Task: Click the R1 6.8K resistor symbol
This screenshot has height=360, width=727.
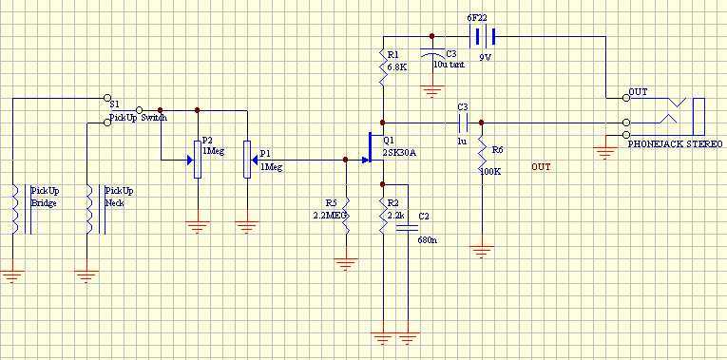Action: (383, 66)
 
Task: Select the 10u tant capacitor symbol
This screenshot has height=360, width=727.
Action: (431, 54)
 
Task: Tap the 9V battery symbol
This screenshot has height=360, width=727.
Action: (482, 36)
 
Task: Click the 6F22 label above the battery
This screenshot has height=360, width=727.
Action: (479, 19)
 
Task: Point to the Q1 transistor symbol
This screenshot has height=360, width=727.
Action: (373, 147)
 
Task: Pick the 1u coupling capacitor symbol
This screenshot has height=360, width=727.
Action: (463, 123)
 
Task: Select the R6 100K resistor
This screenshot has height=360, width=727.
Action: (482, 153)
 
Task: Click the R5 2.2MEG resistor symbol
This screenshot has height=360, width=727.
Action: (345, 217)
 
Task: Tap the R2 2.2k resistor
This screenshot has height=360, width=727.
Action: (383, 217)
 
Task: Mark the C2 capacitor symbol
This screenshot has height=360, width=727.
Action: (408, 227)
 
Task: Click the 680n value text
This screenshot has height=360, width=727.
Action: (426, 240)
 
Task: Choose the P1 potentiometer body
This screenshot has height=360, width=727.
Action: (247, 160)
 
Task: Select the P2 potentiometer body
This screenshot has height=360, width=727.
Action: (198, 160)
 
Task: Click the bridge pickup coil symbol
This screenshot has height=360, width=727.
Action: (21, 209)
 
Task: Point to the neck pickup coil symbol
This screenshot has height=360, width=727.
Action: (95, 209)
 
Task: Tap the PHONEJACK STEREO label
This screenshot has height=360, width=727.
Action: (675, 144)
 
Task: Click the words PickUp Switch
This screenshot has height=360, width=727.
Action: (138, 118)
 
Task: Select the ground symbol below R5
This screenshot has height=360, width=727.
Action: (345, 264)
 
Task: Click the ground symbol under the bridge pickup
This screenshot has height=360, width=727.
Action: (12, 276)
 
